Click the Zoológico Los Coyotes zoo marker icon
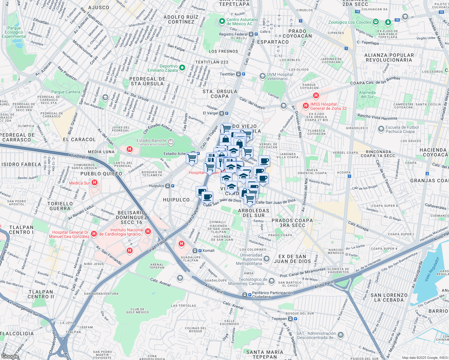[375, 22]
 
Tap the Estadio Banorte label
[152, 140]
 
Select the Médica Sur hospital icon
[95, 182]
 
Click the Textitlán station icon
[239, 74]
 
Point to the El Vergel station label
[211, 113]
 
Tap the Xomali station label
[208, 250]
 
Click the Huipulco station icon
[168, 186]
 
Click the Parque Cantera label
[66, 92]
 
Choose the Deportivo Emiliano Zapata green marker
[182, 68]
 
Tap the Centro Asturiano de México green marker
[222, 21]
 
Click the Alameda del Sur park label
[367, 94]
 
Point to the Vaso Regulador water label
[432, 269]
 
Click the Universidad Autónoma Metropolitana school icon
[267, 259]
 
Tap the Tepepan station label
[279, 319]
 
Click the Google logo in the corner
[10, 356]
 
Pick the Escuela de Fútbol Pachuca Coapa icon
[381, 129]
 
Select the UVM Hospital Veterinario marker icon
[263, 76]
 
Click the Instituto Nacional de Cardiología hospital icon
[148, 231]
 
